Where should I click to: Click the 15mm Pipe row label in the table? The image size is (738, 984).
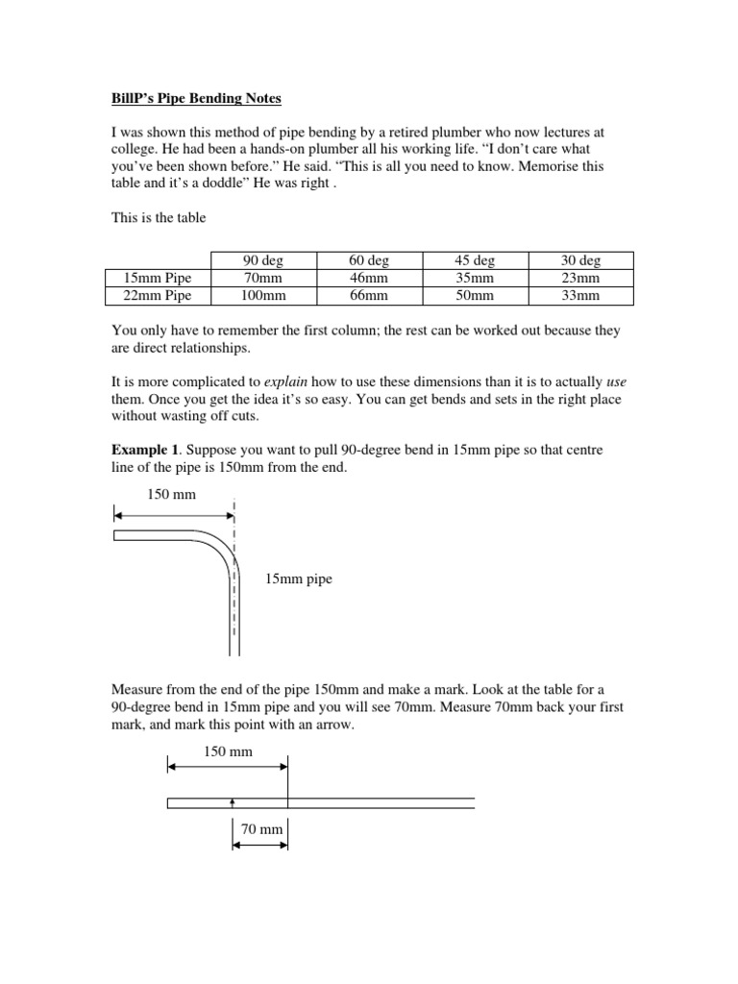click(156, 279)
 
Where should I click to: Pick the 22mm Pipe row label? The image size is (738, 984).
click(156, 296)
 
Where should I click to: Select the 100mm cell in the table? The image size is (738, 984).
click(263, 296)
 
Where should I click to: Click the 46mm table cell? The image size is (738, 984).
click(369, 279)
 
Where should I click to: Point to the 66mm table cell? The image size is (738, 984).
click(369, 296)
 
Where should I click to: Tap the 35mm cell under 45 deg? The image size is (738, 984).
click(475, 279)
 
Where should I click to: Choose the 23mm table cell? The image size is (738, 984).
click(580, 279)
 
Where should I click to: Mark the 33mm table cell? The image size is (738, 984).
click(580, 296)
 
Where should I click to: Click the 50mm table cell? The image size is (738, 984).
click(475, 296)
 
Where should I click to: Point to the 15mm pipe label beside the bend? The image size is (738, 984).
click(299, 579)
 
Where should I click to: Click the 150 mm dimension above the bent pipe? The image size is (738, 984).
click(169, 494)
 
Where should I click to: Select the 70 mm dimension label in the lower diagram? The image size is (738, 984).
click(259, 828)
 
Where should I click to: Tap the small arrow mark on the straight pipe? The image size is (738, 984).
click(233, 799)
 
